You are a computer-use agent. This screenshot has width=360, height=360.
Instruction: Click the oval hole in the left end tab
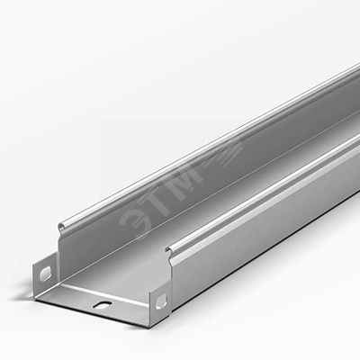coord(46,273)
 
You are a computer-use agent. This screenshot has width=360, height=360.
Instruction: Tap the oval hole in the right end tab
coord(161,302)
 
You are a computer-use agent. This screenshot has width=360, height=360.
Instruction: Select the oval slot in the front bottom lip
coord(102,304)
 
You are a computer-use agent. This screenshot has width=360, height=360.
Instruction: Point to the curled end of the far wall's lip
coord(62,227)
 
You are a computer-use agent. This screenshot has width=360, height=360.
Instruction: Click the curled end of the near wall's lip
coord(170,251)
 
